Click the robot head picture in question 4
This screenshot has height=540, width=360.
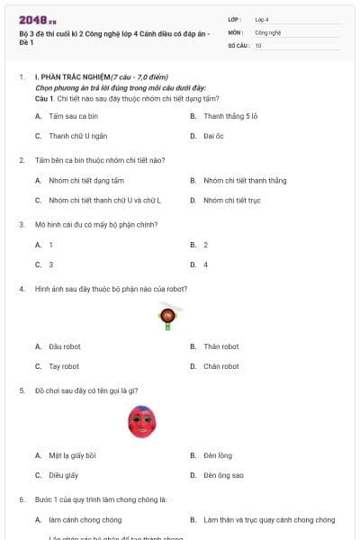(x=167, y=315)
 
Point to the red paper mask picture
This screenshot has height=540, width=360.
(x=141, y=421)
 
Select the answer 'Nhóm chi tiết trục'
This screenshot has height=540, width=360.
(x=231, y=200)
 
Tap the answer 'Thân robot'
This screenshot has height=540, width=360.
(x=220, y=346)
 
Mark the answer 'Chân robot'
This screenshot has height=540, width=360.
(x=220, y=366)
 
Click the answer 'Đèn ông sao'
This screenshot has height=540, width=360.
(x=223, y=474)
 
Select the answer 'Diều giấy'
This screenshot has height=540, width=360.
(x=64, y=474)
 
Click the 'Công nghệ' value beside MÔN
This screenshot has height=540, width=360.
(x=268, y=31)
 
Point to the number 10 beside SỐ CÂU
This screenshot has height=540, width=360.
(x=258, y=45)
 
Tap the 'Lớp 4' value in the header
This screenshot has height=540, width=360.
(x=262, y=18)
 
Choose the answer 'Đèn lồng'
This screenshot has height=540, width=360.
(x=218, y=454)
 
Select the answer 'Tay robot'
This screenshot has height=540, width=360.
(x=64, y=366)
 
